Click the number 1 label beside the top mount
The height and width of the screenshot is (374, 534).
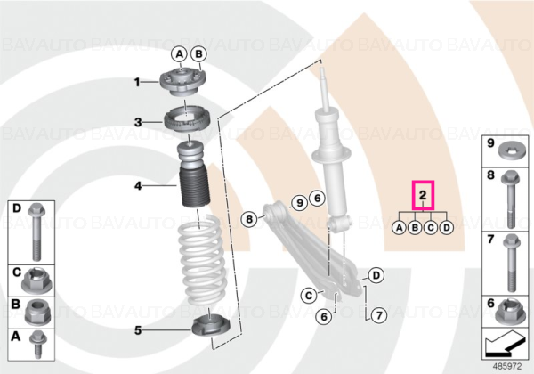pyautogui.click(x=137, y=82)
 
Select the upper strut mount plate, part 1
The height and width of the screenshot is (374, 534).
pyautogui.click(x=182, y=83)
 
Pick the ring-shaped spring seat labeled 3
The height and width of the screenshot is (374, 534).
pyautogui.click(x=187, y=122)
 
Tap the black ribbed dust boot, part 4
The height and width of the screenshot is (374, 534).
pyautogui.click(x=193, y=188)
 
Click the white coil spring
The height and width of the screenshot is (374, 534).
pyautogui.click(x=201, y=262)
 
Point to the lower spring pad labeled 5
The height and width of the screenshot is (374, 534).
pyautogui.click(x=212, y=326)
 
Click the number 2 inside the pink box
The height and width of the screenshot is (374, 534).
pyautogui.click(x=423, y=195)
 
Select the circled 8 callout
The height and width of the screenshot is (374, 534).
pyautogui.click(x=249, y=219)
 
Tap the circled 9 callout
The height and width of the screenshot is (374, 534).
pyautogui.click(x=299, y=203)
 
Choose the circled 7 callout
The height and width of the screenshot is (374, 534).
pyautogui.click(x=379, y=315)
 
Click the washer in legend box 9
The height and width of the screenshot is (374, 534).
pyautogui.click(x=511, y=151)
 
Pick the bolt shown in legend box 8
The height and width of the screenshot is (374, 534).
pyautogui.click(x=509, y=199)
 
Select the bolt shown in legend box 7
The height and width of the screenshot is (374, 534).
pyautogui.click(x=510, y=263)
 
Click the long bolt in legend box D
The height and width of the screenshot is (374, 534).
pyautogui.click(x=36, y=232)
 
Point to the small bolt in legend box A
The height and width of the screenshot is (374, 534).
pyautogui.click(x=36, y=344)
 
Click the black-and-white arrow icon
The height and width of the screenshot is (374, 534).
pyautogui.click(x=504, y=345)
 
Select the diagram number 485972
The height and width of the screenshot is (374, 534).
pyautogui.click(x=507, y=367)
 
